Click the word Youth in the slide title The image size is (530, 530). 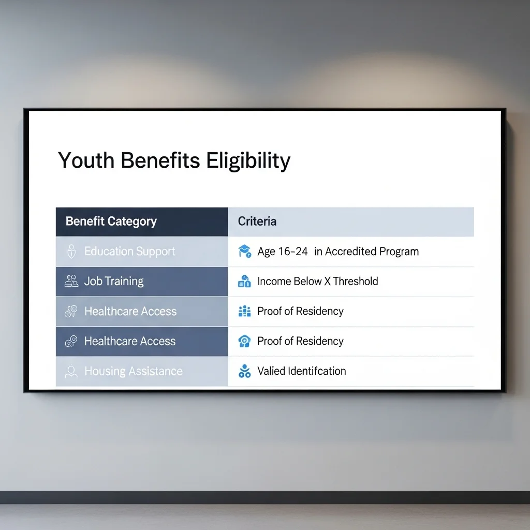(x=86, y=160)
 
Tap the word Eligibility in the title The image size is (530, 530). (x=248, y=161)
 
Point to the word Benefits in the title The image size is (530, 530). (x=160, y=160)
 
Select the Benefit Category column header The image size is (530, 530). (x=111, y=222)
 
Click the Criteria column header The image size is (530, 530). (x=257, y=222)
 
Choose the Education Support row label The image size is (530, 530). (x=130, y=252)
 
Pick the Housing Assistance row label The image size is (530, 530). (x=134, y=371)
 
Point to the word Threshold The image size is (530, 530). (x=356, y=281)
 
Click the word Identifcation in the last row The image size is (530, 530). (x=317, y=371)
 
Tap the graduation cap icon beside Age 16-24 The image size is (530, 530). (x=245, y=251)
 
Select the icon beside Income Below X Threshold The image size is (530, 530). (x=244, y=281)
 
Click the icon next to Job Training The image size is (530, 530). (x=71, y=281)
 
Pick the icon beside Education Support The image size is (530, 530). (x=71, y=252)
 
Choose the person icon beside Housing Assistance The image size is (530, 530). (x=71, y=372)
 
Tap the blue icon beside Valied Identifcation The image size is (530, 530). (x=245, y=371)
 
